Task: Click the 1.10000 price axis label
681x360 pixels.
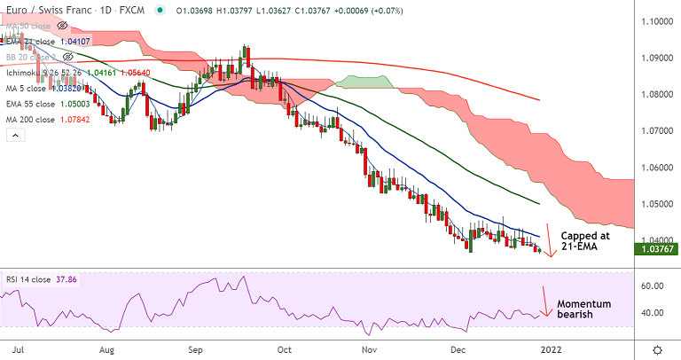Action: [657, 20]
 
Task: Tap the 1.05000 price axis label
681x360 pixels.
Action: [657, 204]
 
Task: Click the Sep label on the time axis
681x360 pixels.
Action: [197, 349]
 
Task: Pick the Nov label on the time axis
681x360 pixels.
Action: [371, 349]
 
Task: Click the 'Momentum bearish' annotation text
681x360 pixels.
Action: [583, 309]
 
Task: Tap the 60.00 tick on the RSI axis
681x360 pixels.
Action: [654, 286]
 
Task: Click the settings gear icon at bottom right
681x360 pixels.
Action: [657, 349]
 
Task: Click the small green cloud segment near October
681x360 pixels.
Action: [364, 82]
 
